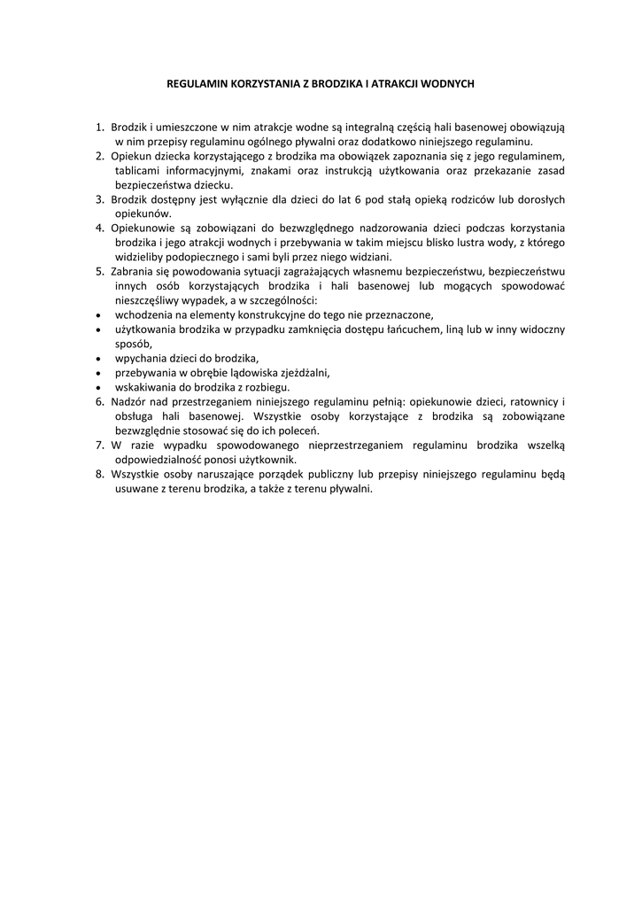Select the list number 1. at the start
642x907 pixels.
tap(101, 128)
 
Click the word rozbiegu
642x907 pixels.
tap(268, 386)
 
